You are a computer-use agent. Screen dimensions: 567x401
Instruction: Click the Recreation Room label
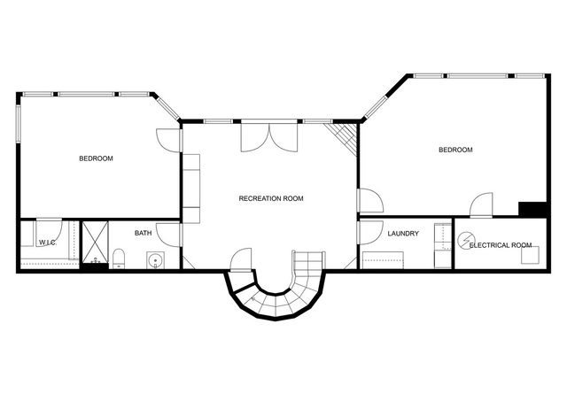[271, 198]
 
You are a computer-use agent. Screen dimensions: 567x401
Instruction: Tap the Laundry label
[403, 234]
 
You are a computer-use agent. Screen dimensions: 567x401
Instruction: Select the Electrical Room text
[501, 245]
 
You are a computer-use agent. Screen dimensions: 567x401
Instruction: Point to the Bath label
[144, 233]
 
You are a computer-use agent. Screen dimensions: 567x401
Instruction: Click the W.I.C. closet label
[47, 243]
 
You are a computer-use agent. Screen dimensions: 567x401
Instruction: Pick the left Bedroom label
[96, 158]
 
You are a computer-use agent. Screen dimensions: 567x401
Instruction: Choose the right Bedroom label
[455, 150]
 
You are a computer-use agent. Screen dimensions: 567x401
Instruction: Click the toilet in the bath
[118, 258]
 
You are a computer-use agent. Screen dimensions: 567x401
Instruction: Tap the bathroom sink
[156, 260]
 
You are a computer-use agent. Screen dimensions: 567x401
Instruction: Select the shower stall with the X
[96, 242]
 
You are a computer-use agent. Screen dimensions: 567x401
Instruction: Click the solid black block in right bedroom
[532, 209]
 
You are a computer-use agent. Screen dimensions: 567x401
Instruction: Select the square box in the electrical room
[530, 255]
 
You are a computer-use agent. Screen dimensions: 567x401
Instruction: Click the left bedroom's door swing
[168, 140]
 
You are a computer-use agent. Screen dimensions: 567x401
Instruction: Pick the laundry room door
[370, 233]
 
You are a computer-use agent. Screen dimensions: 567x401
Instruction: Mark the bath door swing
[168, 235]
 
